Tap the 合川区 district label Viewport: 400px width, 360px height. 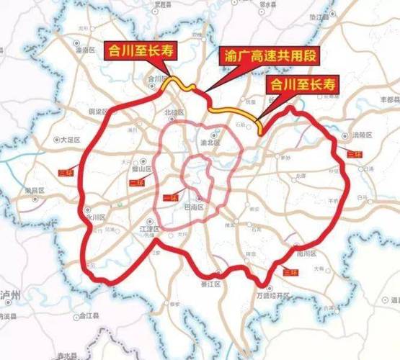156,79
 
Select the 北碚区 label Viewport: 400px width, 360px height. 174,112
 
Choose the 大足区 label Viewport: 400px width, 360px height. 73,140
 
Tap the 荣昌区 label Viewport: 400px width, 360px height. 35,190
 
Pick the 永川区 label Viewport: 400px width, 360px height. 96,215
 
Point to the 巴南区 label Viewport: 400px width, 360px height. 208,206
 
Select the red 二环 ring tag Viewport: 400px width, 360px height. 135,184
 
